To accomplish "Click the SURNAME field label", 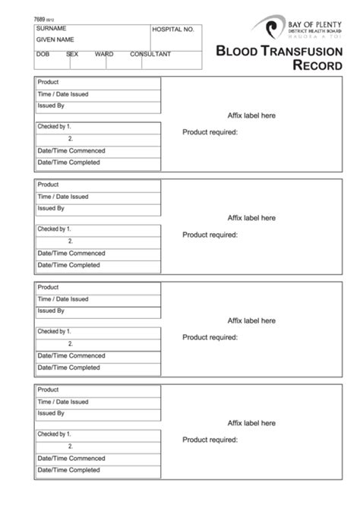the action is pyautogui.click(x=52, y=29).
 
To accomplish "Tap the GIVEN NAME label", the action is pyautogui.click(x=55, y=39).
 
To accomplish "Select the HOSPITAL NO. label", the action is pyautogui.click(x=174, y=30).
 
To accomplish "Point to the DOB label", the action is pyautogui.click(x=43, y=55).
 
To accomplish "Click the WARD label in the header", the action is pyautogui.click(x=104, y=55).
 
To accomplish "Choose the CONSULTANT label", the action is pyautogui.click(x=150, y=55).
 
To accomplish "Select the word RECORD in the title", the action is pyautogui.click(x=317, y=65).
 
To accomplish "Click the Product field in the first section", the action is pyautogui.click(x=49, y=82).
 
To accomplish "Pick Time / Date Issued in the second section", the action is pyautogui.click(x=63, y=197).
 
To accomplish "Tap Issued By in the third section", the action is pyautogui.click(x=51, y=311).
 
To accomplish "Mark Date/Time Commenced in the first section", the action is pyautogui.click(x=71, y=150).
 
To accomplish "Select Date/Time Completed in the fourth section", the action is pyautogui.click(x=69, y=470).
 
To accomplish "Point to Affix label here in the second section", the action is pyautogui.click(x=251, y=218).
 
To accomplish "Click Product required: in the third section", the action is pyautogui.click(x=210, y=337).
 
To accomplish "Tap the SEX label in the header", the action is pyautogui.click(x=72, y=55).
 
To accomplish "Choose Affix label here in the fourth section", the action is pyautogui.click(x=251, y=423).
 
